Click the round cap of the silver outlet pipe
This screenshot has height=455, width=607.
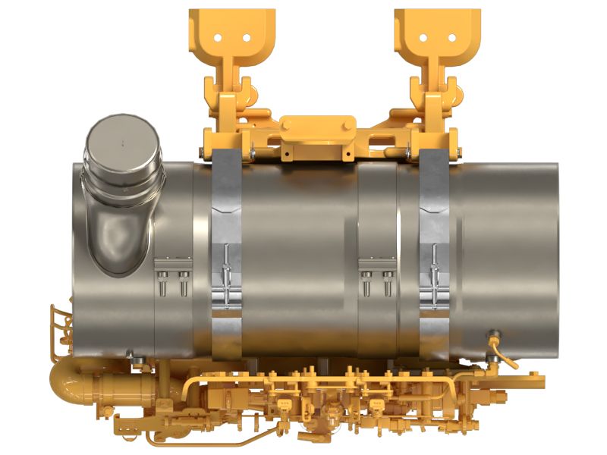pos(121,143)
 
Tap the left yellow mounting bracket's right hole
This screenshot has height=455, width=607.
pos(246,36)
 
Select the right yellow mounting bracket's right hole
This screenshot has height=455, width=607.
pos(452,36)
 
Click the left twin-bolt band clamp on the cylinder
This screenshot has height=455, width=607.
pos(173,276)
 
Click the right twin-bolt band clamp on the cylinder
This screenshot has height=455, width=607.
pos(377,276)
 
